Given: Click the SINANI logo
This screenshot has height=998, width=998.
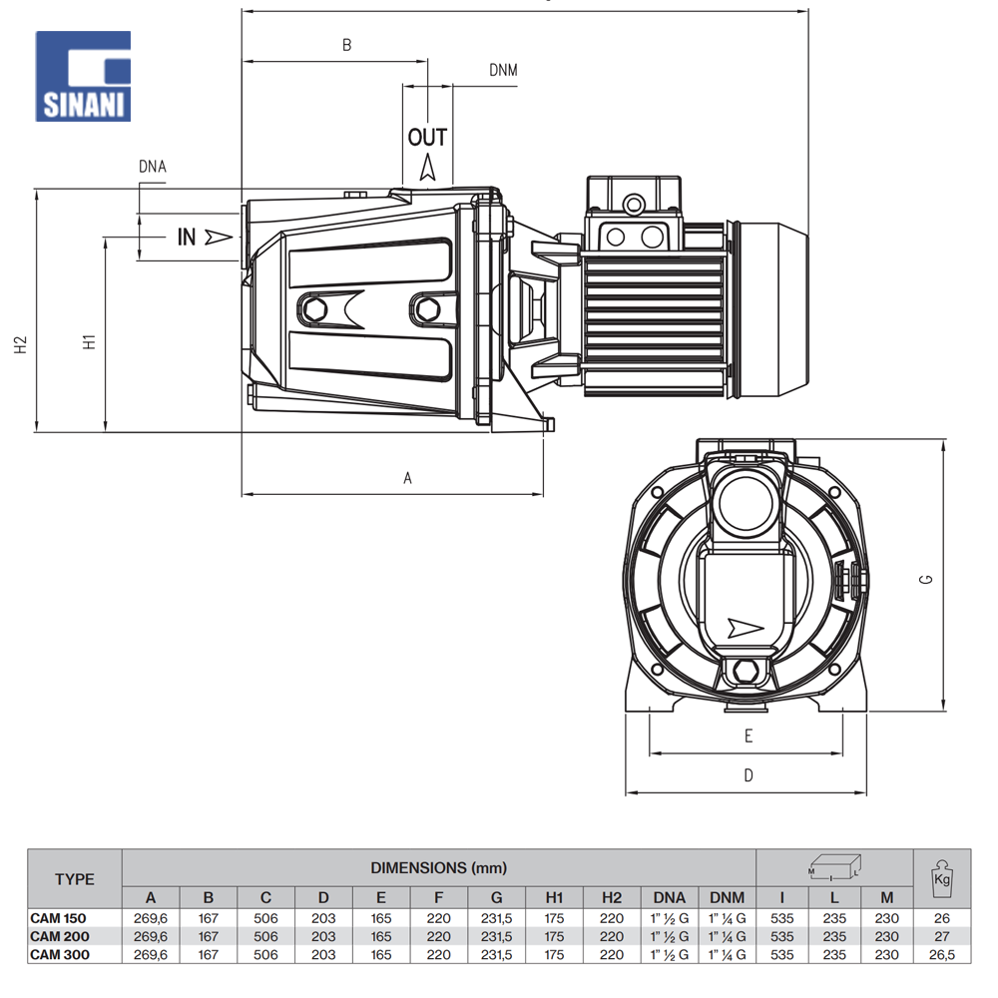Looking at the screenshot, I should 84,77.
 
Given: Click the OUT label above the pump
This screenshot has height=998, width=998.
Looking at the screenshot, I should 427,137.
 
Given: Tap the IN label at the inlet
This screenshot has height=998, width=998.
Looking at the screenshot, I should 187,237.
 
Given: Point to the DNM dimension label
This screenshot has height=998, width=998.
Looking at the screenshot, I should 503,70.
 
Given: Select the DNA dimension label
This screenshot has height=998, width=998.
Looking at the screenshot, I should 153,167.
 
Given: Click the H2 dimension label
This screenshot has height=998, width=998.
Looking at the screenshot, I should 20,344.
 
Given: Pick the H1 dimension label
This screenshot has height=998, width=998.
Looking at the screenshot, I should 89,342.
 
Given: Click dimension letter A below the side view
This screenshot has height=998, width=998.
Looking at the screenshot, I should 407,478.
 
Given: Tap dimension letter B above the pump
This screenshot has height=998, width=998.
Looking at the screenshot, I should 347,45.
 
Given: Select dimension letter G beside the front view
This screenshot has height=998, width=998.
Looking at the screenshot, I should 926,579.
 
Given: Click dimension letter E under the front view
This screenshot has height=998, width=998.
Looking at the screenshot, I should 748,737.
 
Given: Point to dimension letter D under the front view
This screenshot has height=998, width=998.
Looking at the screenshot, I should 748,775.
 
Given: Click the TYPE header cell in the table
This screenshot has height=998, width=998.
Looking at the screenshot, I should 75,879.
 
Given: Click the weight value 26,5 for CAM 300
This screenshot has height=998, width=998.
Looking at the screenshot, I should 940,954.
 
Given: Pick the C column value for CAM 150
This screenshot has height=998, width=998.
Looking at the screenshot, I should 265,918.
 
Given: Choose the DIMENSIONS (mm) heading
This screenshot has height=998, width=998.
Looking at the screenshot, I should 439,867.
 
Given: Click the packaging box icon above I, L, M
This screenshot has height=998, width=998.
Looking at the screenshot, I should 834,866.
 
